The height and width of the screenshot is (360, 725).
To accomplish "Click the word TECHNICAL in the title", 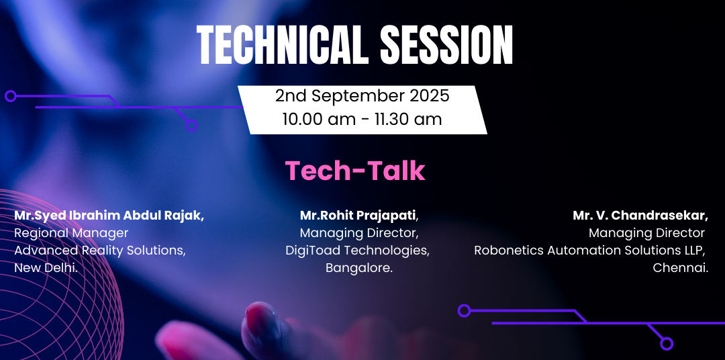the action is pos(283,45).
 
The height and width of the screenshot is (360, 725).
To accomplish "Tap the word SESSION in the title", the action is pos(446,45).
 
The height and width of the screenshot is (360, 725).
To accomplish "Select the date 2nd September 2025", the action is pos(362,96).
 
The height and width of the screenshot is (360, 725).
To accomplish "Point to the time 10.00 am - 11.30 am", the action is pos(362,119).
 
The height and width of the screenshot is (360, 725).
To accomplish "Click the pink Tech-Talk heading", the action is pos(354,171).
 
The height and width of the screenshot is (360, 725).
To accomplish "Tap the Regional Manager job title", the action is pos(71,233).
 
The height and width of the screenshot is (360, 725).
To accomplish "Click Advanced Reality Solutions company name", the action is pos(100,251).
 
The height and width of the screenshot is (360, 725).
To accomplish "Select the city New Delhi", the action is pos(46,267).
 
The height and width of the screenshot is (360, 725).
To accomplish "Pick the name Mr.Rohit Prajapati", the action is pos(358,216).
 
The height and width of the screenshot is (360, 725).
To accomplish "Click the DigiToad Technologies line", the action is pos(357,251).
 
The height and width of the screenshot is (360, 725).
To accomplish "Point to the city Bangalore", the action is pos(358,268).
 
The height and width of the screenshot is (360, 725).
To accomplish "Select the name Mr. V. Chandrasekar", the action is pos(640,216).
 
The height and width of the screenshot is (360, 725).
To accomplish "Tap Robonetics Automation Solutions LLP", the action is pos(589,251).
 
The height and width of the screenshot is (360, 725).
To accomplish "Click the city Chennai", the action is pos(680,267).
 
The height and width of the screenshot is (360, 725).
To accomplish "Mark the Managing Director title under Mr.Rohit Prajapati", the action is pos(359,233).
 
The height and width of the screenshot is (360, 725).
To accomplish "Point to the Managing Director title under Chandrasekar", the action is pos(646,233).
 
